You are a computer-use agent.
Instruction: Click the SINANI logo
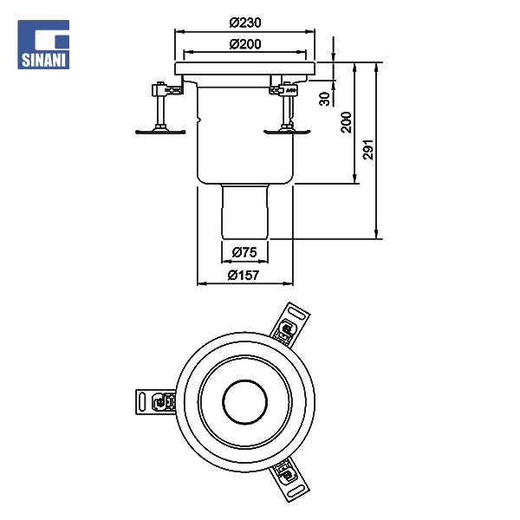(43, 44)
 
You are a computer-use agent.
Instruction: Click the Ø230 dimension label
(245, 23)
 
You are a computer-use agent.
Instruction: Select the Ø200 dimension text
(245, 44)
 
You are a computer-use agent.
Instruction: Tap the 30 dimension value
(325, 99)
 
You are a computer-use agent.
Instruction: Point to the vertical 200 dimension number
(346, 122)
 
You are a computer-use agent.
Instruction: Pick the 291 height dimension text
(367, 150)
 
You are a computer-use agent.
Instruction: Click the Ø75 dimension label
(244, 252)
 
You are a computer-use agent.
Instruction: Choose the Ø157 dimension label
(243, 276)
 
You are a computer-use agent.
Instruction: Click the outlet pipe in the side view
(244, 211)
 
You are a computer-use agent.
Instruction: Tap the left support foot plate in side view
(160, 132)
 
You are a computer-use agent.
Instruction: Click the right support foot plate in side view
(287, 132)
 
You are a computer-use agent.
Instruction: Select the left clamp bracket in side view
(166, 89)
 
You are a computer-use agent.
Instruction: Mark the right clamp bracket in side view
(284, 89)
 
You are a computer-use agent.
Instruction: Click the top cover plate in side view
(244, 68)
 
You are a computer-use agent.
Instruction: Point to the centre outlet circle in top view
(244, 401)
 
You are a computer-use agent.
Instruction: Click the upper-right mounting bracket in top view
(289, 323)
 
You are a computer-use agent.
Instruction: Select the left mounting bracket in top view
(155, 402)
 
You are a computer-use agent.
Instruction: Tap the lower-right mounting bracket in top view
(289, 479)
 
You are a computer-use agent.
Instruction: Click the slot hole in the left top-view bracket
(142, 402)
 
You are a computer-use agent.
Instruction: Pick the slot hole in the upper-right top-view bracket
(297, 314)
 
